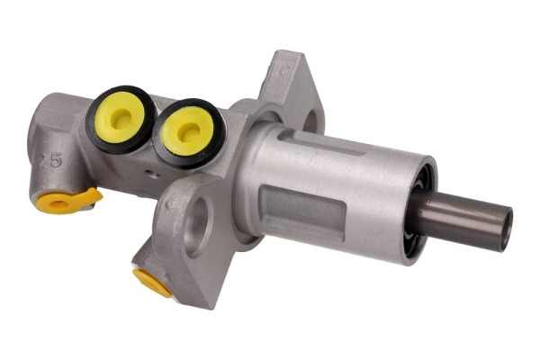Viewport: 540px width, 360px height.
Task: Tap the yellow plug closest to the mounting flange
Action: click(x=188, y=131)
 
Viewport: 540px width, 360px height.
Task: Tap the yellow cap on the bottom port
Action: click(x=154, y=283)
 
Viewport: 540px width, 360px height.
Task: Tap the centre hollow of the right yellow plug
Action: click(x=187, y=132)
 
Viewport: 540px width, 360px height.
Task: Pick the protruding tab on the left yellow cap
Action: click(x=91, y=194)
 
